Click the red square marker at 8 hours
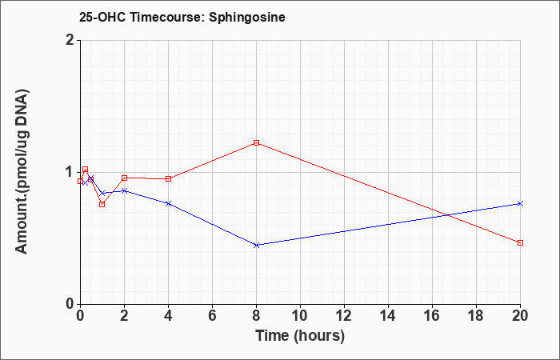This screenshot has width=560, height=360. (x=256, y=143)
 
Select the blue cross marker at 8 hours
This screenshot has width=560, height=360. (x=256, y=245)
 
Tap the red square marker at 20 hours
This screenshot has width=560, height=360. (x=520, y=243)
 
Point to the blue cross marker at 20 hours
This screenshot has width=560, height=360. (x=520, y=203)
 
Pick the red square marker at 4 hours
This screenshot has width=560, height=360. (x=168, y=178)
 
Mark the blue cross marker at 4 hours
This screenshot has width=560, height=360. (x=168, y=203)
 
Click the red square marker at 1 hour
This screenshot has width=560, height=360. (x=102, y=204)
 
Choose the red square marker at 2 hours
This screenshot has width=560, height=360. (x=124, y=178)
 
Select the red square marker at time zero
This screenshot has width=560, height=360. (x=80, y=181)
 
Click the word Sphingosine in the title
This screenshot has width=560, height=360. (x=247, y=18)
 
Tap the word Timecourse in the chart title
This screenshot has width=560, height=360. (x=166, y=17)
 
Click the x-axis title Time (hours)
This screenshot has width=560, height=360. (x=300, y=336)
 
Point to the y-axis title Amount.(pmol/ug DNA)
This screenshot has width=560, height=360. (x=22, y=172)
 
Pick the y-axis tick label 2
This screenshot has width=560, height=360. (x=70, y=40)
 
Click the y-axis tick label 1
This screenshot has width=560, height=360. (x=70, y=172)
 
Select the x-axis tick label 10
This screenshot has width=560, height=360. (x=300, y=316)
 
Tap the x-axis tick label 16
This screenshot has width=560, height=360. (x=432, y=316)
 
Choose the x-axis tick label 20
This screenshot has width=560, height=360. (x=520, y=316)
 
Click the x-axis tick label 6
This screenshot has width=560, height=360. (x=212, y=316)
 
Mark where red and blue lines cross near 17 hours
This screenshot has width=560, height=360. (x=446, y=215)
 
